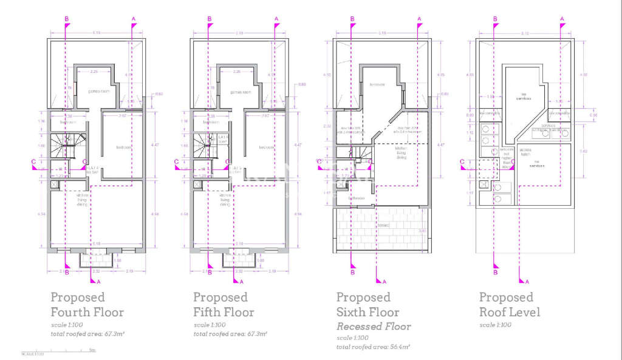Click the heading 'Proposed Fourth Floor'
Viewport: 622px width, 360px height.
86,305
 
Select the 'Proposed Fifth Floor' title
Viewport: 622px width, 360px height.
223,305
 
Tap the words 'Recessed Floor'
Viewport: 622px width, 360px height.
374,327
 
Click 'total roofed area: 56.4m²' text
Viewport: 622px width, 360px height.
373,347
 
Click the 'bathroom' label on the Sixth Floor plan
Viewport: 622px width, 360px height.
356,198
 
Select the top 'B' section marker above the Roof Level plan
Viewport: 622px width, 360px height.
496,19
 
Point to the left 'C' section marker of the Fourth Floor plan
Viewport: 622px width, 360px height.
34,161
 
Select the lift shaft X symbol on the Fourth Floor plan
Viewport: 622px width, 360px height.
54,183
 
